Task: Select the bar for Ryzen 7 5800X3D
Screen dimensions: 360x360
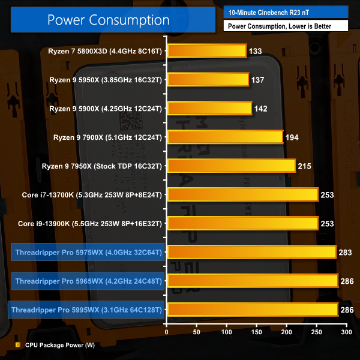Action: click(x=207, y=50)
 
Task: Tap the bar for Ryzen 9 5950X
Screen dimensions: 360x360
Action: click(x=208, y=79)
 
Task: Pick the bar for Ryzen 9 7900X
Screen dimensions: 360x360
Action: click(x=225, y=137)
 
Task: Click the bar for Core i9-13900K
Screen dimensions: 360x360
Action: click(x=243, y=223)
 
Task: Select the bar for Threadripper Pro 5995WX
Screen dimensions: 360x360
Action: click(x=253, y=310)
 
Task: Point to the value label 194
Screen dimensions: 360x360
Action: click(x=293, y=137)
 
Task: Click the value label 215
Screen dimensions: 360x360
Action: click(x=305, y=166)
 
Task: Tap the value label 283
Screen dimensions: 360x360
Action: click(x=346, y=252)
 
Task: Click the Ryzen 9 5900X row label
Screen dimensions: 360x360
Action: click(x=106, y=108)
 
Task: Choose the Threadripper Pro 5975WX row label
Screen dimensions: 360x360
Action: click(x=88, y=252)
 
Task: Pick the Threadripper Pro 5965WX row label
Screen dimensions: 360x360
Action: click(x=88, y=281)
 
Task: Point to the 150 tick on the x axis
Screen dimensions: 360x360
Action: click(x=257, y=331)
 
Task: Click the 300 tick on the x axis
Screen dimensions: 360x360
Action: click(x=346, y=331)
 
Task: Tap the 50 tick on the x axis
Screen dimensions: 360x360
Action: click(x=197, y=331)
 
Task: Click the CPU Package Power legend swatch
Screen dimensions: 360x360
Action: click(x=18, y=345)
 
